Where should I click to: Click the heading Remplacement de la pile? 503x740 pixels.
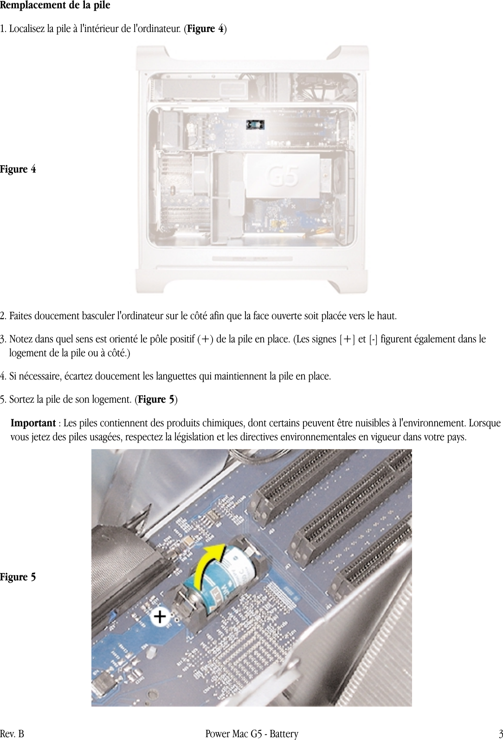pos(55,6)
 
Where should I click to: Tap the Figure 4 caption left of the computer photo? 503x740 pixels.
pos(18,169)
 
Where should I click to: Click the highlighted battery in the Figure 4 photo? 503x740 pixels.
pos(255,124)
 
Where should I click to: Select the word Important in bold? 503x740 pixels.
pos(33,424)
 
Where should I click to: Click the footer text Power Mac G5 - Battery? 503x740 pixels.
pos(251,734)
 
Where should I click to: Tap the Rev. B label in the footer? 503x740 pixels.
pos(12,734)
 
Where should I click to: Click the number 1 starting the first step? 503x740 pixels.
pos(3,29)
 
